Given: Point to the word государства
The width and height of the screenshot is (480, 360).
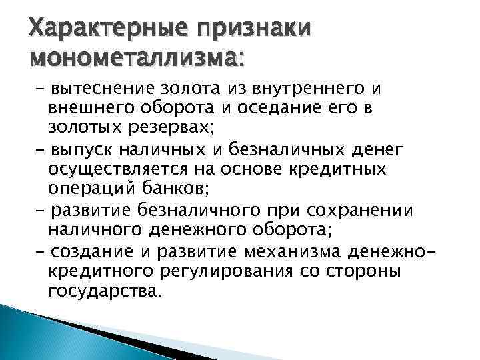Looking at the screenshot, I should pos(105,291).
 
